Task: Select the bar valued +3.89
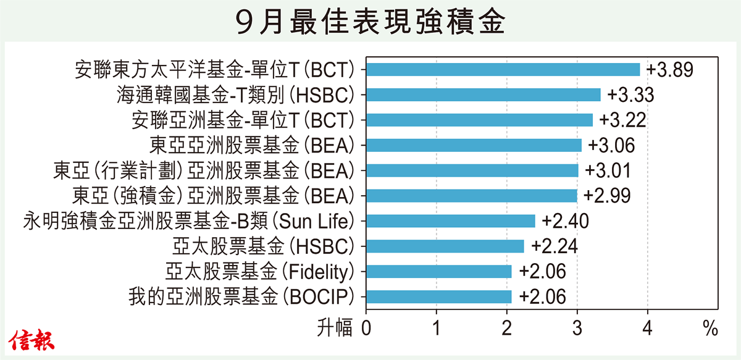[x=503, y=70]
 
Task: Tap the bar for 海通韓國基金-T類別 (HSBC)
[x=484, y=94]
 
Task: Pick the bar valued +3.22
[x=479, y=120]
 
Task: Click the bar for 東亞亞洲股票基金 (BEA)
[x=474, y=145]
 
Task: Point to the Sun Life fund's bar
[x=451, y=221]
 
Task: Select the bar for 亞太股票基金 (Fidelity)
[x=438, y=271]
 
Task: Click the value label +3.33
[x=630, y=94]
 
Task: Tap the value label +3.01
[x=608, y=170]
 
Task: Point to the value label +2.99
[x=607, y=196]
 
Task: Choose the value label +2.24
[x=555, y=246]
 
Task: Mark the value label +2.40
[x=566, y=221]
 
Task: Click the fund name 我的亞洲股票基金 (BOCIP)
[x=241, y=297]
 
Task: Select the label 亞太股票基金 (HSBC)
[x=263, y=246]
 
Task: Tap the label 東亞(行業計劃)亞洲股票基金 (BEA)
[x=204, y=170]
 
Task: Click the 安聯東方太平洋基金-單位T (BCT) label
[x=215, y=70]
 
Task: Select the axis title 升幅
[x=335, y=327]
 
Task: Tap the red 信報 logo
[x=31, y=340]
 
